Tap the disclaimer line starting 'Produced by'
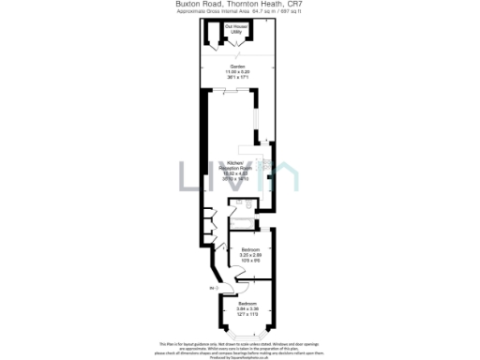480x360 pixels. [x=239, y=357]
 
